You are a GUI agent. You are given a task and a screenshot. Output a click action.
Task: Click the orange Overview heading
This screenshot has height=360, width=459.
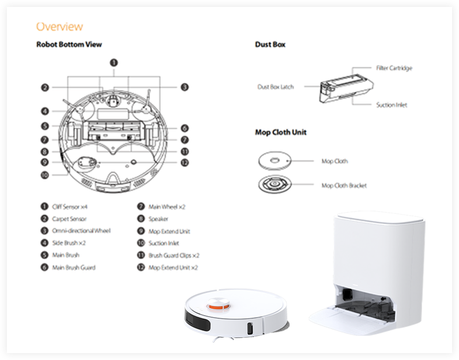[x=59, y=27]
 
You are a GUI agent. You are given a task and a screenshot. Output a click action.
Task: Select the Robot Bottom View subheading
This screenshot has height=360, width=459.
[x=69, y=44]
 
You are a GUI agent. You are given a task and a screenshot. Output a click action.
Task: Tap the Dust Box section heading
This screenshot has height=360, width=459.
[x=270, y=44]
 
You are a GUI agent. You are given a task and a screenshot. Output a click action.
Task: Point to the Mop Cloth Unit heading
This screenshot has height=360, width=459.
[x=281, y=132]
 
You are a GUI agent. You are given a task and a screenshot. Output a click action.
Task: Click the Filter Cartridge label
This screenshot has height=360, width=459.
[x=394, y=68]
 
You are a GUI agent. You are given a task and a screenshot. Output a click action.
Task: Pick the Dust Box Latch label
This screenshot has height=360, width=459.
[x=276, y=87]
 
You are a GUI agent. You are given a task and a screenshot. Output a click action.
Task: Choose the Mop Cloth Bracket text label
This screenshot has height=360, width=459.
[x=344, y=185]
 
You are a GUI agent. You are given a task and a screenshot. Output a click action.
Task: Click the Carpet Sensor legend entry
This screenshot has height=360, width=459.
[x=69, y=219]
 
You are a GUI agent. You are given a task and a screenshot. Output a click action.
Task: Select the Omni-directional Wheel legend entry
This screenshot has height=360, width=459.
[x=81, y=231]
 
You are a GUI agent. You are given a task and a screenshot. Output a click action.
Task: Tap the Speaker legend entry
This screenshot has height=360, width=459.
[x=159, y=219]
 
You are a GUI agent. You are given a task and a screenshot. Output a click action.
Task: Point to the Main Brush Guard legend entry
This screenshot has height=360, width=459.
[x=74, y=267]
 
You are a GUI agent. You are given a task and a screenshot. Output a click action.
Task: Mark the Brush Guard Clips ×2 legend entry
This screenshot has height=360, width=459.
[x=174, y=255]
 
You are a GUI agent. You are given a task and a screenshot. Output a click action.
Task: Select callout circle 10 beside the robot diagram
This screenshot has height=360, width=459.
[x=44, y=175]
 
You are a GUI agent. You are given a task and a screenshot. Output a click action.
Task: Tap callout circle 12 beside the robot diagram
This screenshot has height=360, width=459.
[x=185, y=163]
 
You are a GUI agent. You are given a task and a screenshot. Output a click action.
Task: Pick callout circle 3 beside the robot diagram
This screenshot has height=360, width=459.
[x=185, y=87]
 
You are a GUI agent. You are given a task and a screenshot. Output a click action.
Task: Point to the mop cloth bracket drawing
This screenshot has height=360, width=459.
[x=274, y=185]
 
